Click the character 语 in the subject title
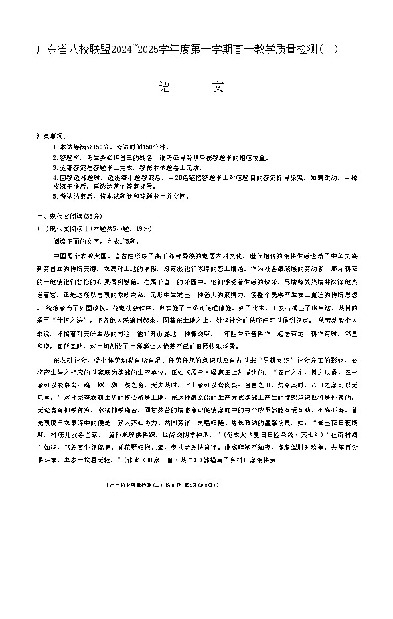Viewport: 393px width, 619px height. pyautogui.click(x=165, y=88)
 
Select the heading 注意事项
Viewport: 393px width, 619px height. pyautogui.click(x=52, y=135)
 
